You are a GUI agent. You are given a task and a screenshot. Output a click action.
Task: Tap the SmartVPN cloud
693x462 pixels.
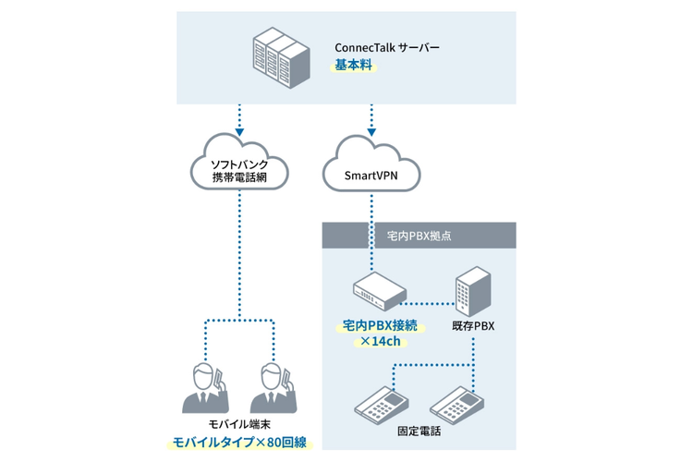(372, 170)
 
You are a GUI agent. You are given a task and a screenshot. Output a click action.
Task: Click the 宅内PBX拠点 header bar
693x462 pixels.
(418, 237)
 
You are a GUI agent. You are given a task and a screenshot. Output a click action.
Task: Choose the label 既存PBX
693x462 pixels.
(473, 326)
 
